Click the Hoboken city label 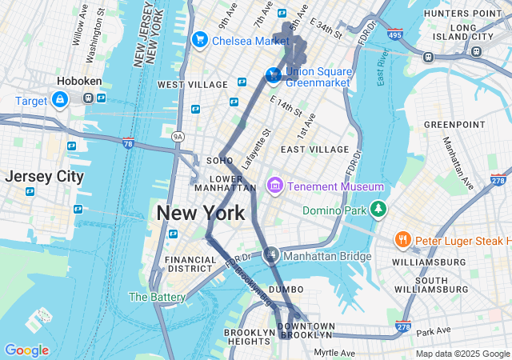(x=78, y=81)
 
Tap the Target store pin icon (x=59, y=99)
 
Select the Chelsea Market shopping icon (x=200, y=39)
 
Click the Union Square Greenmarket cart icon (x=273, y=75)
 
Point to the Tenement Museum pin (x=275, y=186)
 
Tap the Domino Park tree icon (x=378, y=210)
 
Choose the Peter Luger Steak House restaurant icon (x=403, y=240)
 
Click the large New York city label (x=200, y=214)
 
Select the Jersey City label (x=44, y=176)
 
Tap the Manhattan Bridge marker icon (x=272, y=255)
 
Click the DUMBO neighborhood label (x=286, y=289)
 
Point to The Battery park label (x=158, y=297)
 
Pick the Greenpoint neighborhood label (x=454, y=125)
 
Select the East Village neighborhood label (x=314, y=149)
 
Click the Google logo (x=26, y=350)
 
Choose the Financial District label (x=190, y=264)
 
